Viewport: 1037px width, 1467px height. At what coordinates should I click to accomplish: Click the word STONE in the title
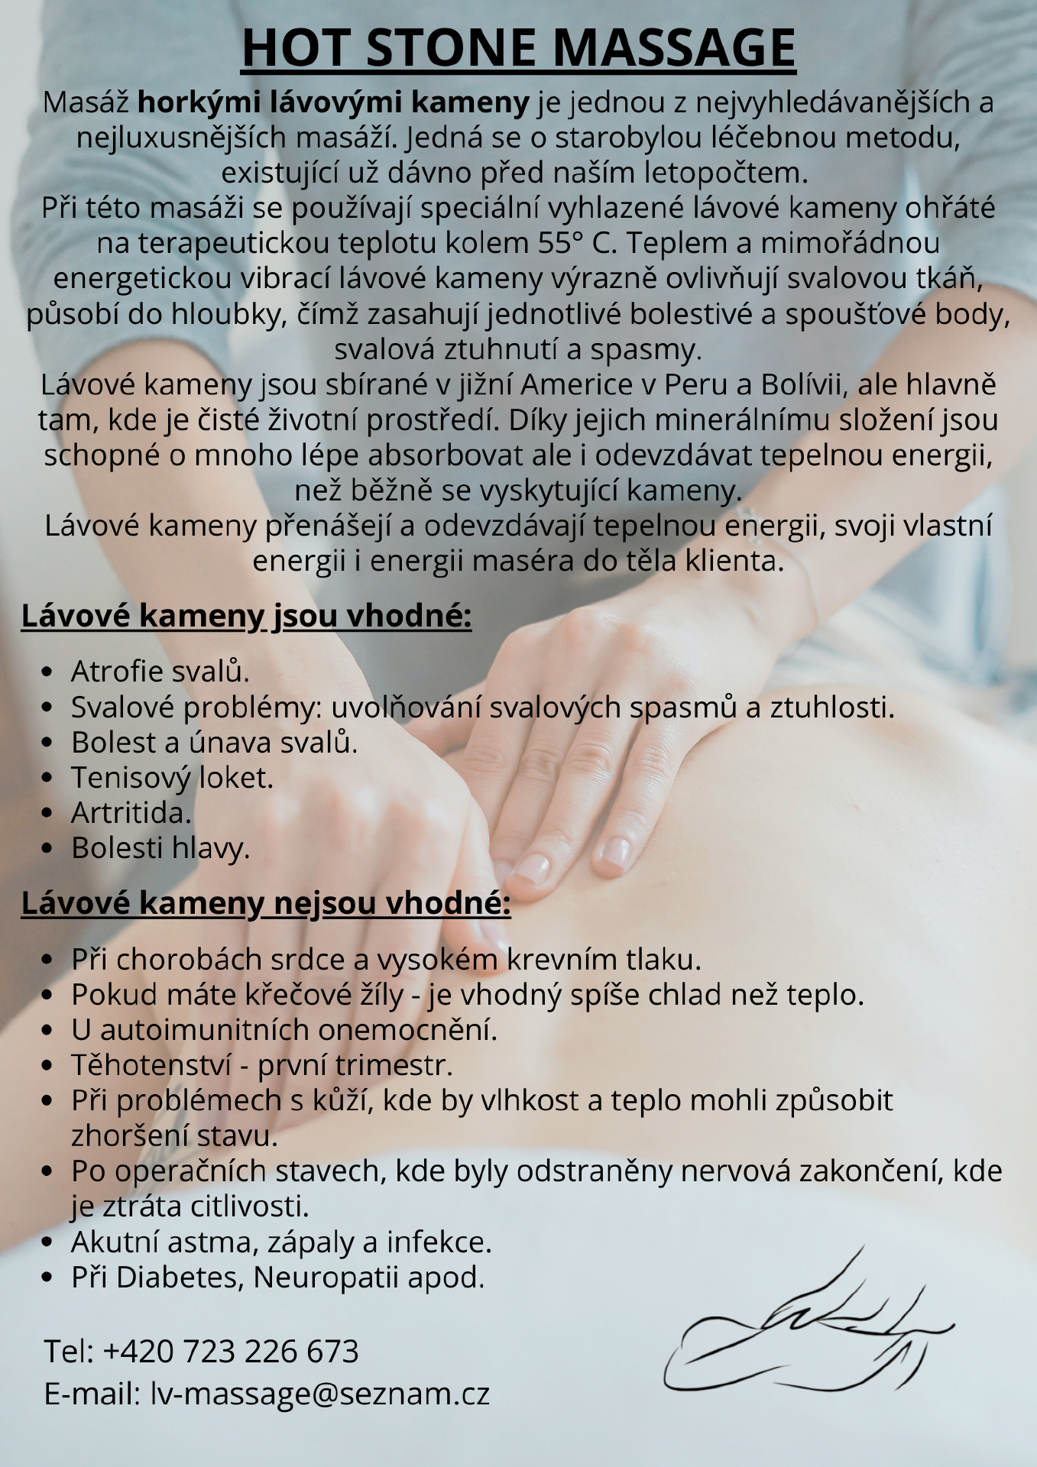[450, 48]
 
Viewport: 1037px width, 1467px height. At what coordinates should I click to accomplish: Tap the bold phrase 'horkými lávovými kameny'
[333, 102]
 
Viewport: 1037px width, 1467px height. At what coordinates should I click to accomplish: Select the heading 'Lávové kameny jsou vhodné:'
[246, 616]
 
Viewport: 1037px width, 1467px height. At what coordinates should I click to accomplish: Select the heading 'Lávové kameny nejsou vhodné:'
[265, 903]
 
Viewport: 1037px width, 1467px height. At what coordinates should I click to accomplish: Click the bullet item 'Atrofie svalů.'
[160, 672]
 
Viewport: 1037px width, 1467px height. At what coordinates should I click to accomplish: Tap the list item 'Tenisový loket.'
[172, 778]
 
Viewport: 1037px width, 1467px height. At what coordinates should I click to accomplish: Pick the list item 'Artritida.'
[131, 813]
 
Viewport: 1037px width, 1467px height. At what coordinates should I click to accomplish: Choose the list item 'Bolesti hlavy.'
[160, 848]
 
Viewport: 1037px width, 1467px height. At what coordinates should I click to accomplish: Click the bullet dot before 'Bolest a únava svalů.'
[47, 743]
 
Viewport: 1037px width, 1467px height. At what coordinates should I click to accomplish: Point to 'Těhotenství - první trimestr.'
[262, 1065]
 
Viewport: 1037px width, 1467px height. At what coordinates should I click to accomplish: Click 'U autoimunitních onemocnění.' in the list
[284, 1030]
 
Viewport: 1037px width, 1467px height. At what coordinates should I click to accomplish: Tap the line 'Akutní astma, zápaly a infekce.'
[281, 1242]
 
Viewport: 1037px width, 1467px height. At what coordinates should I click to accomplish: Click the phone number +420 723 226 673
[231, 1352]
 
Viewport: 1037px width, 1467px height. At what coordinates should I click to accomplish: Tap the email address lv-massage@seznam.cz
[319, 1394]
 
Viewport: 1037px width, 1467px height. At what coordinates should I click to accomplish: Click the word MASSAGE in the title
[673, 48]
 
